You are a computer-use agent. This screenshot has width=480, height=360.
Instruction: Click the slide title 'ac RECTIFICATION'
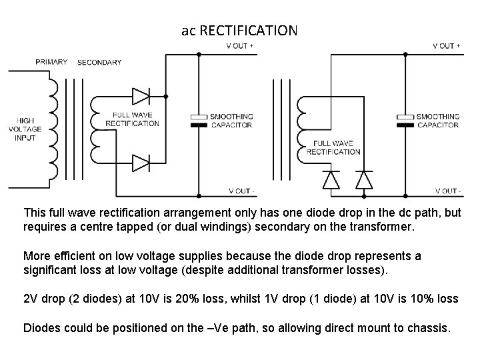(239, 31)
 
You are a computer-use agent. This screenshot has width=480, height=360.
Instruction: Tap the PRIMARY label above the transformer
(51, 62)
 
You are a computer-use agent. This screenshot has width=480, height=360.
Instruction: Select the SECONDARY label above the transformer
(99, 63)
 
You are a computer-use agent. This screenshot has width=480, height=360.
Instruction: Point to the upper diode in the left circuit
(141, 96)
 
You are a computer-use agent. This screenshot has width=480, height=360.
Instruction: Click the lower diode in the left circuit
(141, 162)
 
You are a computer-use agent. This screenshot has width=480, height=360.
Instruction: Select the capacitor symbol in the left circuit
(200, 121)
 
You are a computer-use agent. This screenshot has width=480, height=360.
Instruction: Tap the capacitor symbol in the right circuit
(405, 121)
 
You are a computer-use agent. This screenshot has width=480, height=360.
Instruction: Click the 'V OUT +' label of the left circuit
(240, 46)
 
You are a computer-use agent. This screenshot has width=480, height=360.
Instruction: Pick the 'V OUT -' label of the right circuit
(447, 191)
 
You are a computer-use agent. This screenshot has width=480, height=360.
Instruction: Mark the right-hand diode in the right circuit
(363, 179)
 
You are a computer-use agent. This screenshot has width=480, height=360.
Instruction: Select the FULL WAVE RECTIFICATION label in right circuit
(333, 147)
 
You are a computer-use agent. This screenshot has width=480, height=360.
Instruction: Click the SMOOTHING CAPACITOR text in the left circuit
(231, 121)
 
